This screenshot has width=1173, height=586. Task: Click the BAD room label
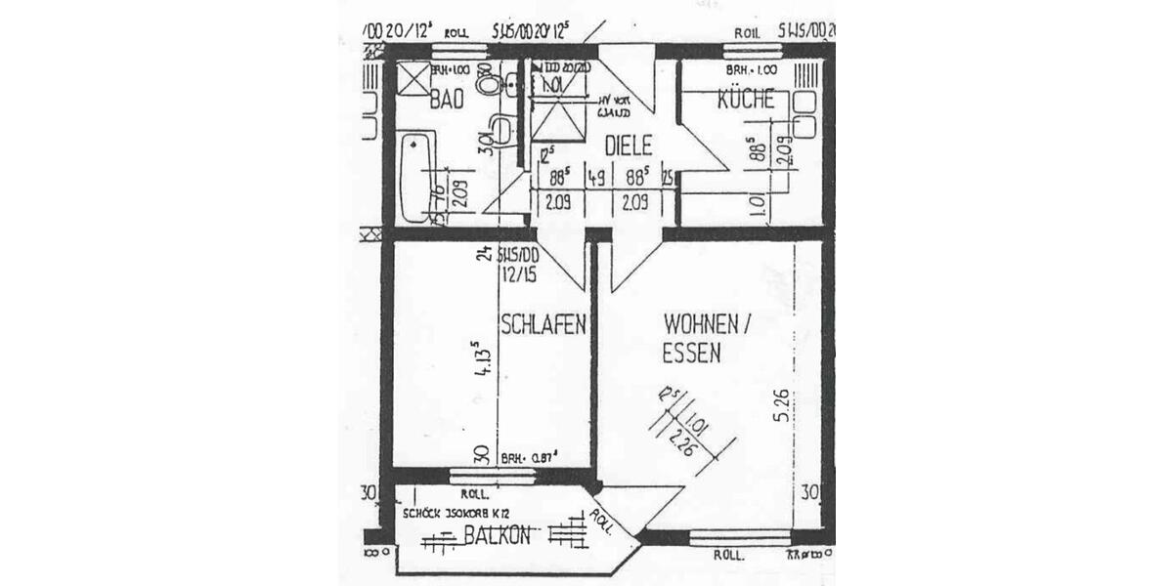(x=448, y=98)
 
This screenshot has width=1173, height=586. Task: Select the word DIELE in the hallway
(x=628, y=145)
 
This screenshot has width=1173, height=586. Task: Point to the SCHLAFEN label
(x=543, y=324)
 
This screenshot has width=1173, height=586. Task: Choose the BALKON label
(x=498, y=534)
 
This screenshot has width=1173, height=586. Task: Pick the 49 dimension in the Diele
(x=595, y=178)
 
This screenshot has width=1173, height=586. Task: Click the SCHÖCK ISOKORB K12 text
(x=456, y=513)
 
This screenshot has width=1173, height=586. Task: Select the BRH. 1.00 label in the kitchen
(x=751, y=71)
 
